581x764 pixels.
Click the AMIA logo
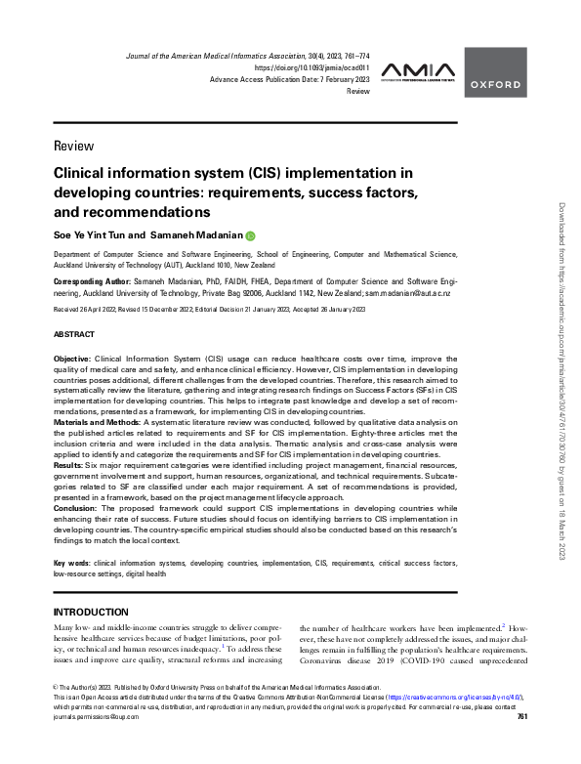tap(416, 70)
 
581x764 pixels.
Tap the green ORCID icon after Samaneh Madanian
tap(250, 235)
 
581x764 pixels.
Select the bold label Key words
tap(70, 564)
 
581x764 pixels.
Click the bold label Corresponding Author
tap(94, 280)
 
